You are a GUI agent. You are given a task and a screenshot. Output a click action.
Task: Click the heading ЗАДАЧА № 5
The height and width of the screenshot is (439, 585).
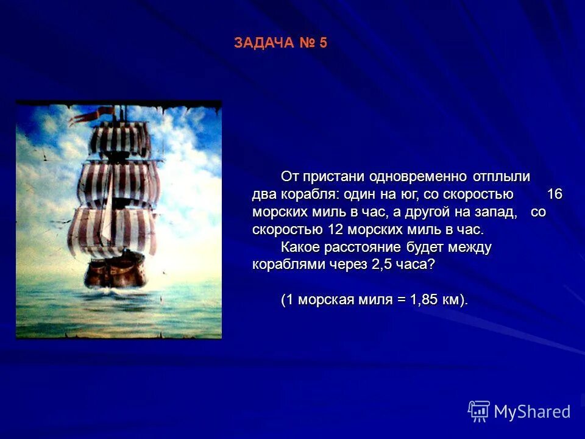[280, 43]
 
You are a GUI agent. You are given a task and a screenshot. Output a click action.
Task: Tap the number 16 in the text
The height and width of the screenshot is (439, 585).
[554, 195]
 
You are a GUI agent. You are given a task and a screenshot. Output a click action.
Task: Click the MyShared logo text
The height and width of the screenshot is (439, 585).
[532, 412]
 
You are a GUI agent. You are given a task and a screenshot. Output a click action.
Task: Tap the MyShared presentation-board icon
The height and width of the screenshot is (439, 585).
[479, 412]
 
